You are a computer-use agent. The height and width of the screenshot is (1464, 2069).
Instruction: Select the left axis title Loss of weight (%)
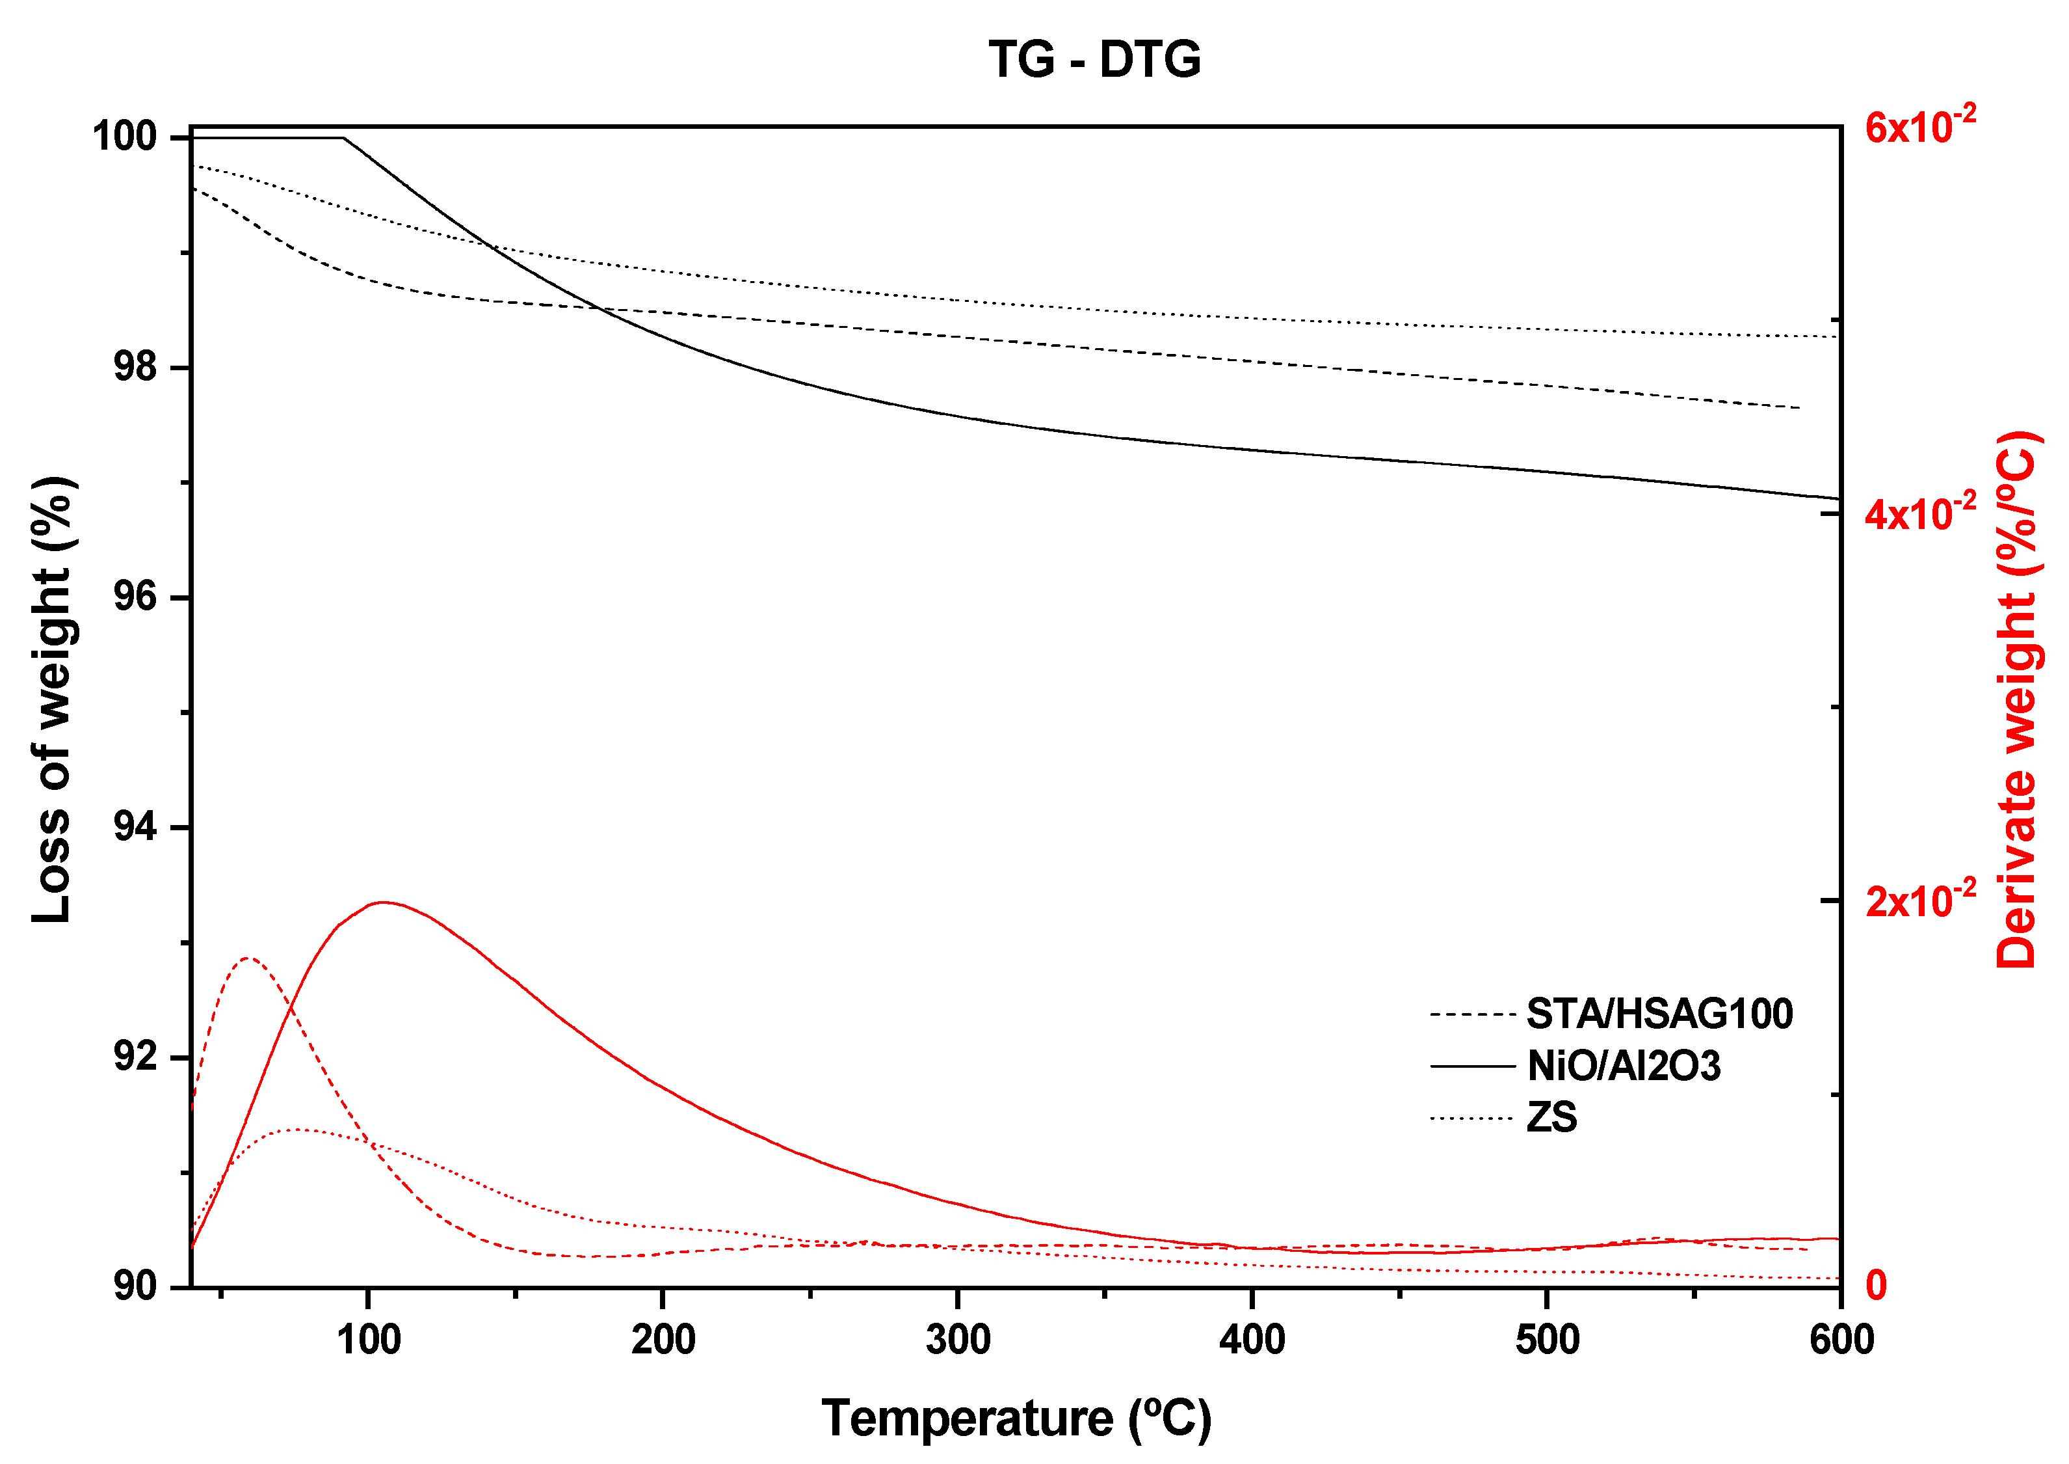(x=51, y=699)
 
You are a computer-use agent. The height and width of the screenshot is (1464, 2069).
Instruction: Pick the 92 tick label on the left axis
(x=135, y=1057)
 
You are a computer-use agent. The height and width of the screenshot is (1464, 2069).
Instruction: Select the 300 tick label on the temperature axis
(x=957, y=1340)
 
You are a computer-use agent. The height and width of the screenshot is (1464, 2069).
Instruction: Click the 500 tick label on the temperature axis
(x=1546, y=1340)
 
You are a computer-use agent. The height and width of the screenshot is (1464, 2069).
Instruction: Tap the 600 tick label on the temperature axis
(x=1841, y=1340)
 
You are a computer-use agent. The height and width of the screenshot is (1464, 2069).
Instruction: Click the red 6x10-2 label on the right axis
(x=1919, y=126)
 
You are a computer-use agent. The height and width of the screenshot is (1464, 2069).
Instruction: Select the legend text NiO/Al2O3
(x=1623, y=1066)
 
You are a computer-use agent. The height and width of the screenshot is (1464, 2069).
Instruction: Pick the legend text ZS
(x=1551, y=1118)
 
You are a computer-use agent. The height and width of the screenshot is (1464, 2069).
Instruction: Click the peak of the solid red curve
(x=382, y=902)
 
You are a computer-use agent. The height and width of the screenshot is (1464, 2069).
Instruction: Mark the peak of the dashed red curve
(x=249, y=958)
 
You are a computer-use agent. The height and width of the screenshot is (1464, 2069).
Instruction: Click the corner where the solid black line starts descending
(x=343, y=138)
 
